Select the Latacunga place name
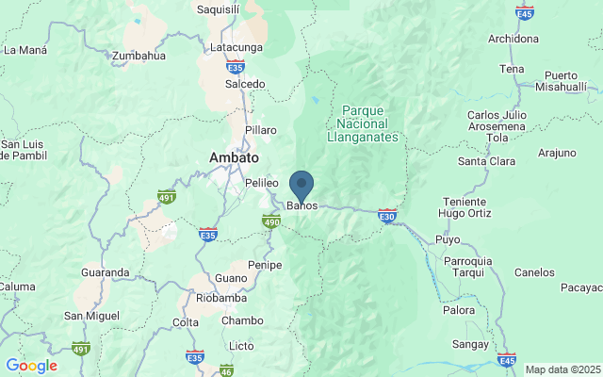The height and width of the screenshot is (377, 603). (x=235, y=47)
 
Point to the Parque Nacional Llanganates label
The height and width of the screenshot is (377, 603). (x=367, y=123)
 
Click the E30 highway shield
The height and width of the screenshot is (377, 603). (x=386, y=216)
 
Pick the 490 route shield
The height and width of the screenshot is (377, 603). (x=271, y=221)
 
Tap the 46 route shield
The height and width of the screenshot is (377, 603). (x=226, y=370)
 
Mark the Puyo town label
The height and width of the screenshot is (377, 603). (x=448, y=239)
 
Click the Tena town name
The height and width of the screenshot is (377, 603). (x=512, y=69)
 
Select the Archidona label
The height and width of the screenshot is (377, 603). (x=513, y=39)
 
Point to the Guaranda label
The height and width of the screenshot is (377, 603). (x=105, y=272)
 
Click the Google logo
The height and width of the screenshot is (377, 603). (x=31, y=366)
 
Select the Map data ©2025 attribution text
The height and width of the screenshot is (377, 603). (x=562, y=369)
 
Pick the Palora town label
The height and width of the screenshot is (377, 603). (x=458, y=309)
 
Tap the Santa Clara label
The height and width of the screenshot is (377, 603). (x=486, y=161)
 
